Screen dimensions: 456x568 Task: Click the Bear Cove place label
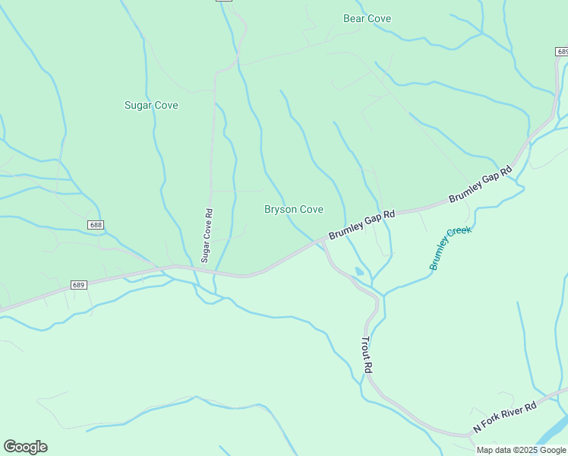coord(367,18)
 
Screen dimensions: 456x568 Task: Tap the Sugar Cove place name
coord(151,105)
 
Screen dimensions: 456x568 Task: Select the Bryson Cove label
coord(294,209)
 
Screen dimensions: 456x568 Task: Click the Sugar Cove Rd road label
coord(205,236)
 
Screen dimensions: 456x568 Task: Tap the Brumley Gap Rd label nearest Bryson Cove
coord(361,226)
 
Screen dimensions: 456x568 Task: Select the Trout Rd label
coord(368,355)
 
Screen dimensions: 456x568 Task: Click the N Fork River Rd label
coord(505,417)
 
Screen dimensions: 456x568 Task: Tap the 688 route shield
coord(95,225)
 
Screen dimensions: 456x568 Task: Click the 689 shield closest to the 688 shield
coord(79,285)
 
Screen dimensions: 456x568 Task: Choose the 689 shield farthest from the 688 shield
coord(561,51)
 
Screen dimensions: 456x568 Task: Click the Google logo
coord(25,447)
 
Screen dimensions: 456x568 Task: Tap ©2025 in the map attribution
coord(523,450)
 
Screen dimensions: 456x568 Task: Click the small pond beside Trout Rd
coord(359,271)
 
